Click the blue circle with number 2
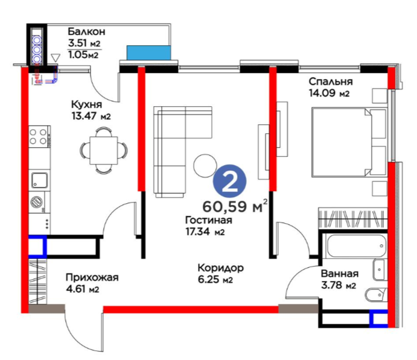coord(229,181)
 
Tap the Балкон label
coord(86,31)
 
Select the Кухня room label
coord(87,104)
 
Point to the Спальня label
coord(331,81)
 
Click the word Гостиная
coord(209,220)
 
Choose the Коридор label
coord(221,268)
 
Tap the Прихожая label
coord(92,277)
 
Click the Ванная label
coord(340,274)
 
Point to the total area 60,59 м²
coord(235,206)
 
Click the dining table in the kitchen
coord(104,150)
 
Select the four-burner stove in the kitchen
coord(38,136)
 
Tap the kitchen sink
coord(40,180)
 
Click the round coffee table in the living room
coord(205,166)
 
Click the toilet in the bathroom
coord(376,295)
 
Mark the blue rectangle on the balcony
coord(148,52)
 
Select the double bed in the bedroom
coord(349,142)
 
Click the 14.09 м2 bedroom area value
coord(329,93)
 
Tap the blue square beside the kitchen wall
coord(37,246)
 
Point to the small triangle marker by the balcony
coord(56,57)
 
